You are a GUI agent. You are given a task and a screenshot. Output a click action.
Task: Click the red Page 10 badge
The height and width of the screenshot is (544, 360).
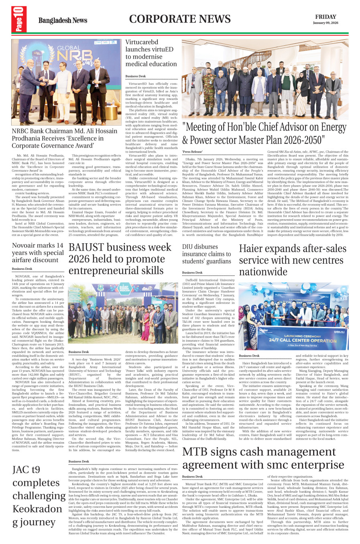19,19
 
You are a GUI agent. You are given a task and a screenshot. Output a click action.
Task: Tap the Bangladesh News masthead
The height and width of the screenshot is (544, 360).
63,20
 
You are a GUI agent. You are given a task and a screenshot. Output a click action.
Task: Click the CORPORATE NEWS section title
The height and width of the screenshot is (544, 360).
180,19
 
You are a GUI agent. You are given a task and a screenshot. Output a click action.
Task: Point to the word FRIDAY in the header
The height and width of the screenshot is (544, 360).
325,17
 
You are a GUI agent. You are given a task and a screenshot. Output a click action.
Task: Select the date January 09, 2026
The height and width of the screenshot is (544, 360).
325,23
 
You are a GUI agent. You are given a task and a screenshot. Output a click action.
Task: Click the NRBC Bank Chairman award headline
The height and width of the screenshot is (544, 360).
65,138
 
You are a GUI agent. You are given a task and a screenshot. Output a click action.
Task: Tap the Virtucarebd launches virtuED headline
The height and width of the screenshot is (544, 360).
151,53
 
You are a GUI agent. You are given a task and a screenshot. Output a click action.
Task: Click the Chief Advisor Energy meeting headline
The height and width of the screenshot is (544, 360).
264,133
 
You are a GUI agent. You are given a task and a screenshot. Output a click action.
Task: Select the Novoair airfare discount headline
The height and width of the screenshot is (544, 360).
38,253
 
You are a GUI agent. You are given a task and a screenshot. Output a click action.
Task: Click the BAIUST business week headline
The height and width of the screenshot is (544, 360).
120,259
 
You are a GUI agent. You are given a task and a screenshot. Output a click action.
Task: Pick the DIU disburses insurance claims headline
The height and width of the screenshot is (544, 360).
207,254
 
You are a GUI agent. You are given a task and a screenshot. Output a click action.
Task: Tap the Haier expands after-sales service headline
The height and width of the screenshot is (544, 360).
293,260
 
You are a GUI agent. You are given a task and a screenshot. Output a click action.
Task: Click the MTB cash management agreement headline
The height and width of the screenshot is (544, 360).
263,458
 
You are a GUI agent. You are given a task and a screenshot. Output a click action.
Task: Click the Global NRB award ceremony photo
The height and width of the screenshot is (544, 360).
66,82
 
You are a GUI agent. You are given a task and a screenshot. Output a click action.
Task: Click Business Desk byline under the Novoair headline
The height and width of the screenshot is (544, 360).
22,269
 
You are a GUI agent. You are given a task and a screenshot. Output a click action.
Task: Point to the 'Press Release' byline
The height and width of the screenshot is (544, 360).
193,152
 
